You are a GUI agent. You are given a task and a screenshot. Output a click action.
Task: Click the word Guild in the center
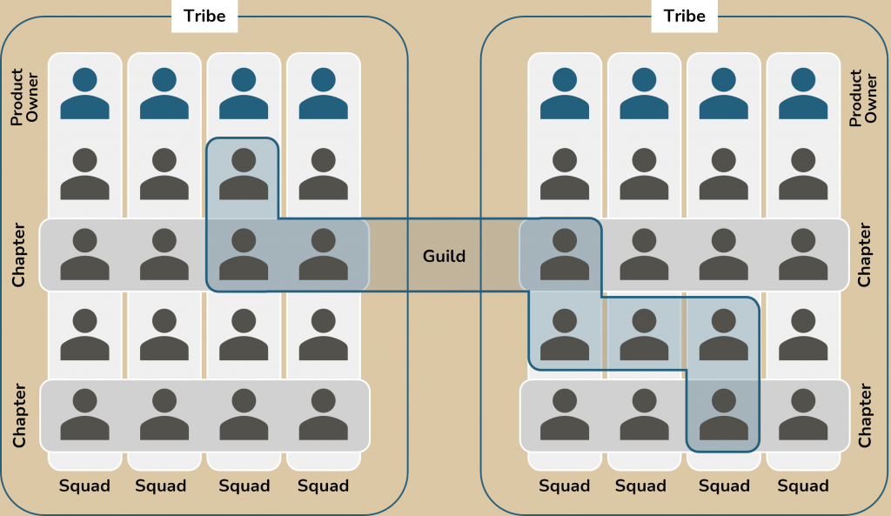coord(444,256)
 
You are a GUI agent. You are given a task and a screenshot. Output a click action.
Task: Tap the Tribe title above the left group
coord(204,16)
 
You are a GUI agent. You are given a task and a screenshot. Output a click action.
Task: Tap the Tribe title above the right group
coord(685,16)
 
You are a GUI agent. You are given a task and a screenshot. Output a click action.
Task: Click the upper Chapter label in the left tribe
coord(19,255)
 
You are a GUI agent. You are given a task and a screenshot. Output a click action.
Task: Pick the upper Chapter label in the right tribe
coord(865,255)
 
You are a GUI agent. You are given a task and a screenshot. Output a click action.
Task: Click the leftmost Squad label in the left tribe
coord(84,486)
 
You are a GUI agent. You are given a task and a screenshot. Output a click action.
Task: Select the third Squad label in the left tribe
coord(244,486)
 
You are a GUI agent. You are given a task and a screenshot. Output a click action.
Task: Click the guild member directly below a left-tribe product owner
coord(244,174)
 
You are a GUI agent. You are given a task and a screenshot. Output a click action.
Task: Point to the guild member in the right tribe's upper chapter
coord(565,254)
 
